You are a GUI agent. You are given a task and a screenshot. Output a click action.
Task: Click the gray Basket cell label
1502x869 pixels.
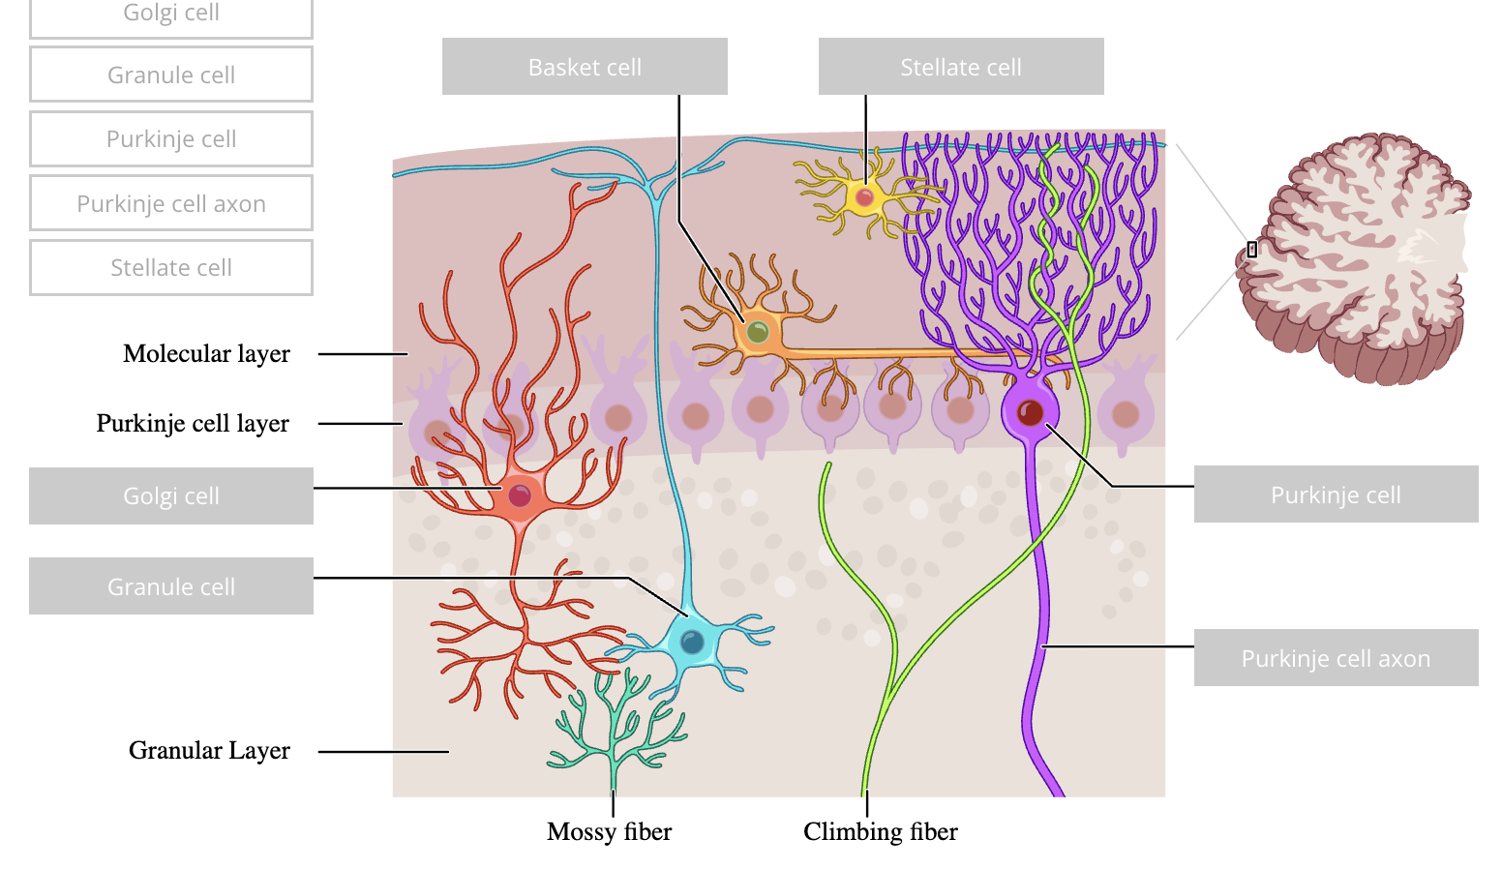point(585,67)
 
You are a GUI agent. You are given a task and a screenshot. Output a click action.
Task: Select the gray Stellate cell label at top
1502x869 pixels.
point(961,67)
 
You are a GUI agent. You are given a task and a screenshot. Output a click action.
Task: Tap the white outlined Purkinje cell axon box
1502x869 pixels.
point(171,203)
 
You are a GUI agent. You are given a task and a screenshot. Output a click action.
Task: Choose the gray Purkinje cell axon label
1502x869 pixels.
point(1336,658)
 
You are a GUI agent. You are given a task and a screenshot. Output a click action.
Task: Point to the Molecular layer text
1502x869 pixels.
point(206,354)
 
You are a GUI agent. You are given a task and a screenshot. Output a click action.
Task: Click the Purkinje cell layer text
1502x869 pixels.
point(193,424)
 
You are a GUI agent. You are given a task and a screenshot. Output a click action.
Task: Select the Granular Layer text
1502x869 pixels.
point(209,751)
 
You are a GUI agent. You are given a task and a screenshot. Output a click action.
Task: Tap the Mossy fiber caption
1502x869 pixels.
point(609,832)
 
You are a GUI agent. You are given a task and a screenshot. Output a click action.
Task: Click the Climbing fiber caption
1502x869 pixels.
point(880,832)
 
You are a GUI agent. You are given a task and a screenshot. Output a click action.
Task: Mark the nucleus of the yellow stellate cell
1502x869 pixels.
point(864,197)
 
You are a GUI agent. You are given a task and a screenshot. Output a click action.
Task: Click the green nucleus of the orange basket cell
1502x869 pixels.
point(758,334)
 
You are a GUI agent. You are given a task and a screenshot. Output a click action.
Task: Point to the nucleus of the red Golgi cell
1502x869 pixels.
point(520,495)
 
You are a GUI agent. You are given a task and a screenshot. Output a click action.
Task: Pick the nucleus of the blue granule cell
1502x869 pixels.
point(692,642)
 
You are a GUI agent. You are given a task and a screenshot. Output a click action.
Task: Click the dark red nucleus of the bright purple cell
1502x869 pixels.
point(1030,413)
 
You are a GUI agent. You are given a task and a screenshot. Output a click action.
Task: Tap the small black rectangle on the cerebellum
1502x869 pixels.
point(1251,250)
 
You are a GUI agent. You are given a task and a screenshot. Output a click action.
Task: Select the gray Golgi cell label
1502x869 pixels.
point(171,496)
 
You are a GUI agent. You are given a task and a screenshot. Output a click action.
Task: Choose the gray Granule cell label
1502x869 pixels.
point(171,586)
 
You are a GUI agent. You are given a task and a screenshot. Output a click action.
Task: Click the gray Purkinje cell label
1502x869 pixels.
point(1336,494)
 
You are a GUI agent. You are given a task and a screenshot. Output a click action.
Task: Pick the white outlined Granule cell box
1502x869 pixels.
point(171,75)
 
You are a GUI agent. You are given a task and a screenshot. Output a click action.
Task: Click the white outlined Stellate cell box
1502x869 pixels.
point(171,267)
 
